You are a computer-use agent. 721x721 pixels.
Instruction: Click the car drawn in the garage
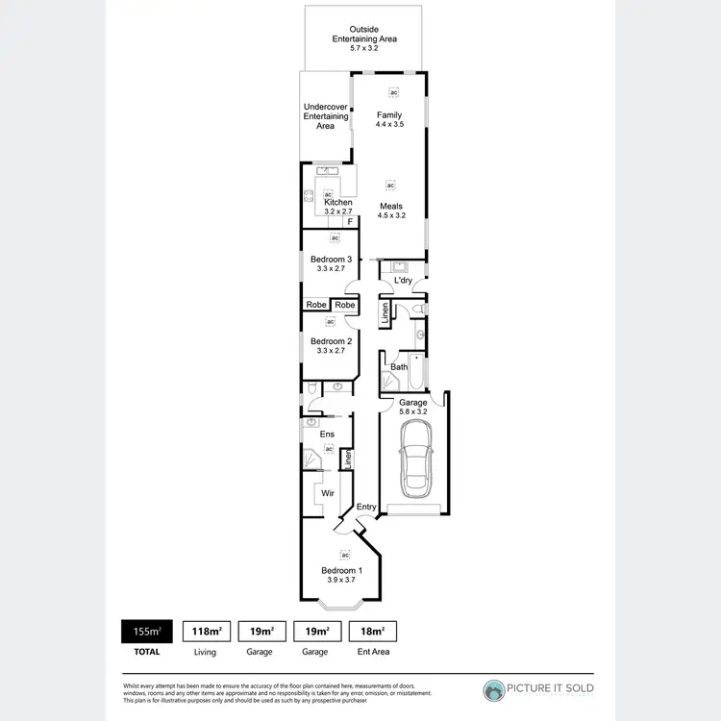(x=416, y=459)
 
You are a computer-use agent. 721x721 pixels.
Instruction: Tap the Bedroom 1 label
(x=343, y=570)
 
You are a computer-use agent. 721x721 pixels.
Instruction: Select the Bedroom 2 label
(x=331, y=341)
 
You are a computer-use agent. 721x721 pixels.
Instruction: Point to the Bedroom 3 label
(x=331, y=260)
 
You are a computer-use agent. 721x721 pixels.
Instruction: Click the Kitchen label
(x=337, y=203)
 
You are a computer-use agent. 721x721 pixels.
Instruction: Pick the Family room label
(x=389, y=115)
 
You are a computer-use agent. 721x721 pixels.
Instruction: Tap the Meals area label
(x=391, y=207)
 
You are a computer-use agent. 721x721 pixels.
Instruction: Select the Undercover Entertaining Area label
(x=326, y=116)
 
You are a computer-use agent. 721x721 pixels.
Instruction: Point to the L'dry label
(x=403, y=280)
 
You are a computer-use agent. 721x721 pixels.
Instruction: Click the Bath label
(x=399, y=367)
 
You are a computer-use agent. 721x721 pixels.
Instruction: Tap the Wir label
(x=328, y=492)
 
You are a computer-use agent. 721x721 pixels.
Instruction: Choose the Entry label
(x=366, y=507)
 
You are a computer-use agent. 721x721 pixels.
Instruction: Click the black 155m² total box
(x=146, y=632)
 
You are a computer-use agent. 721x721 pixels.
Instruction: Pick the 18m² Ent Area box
(x=372, y=632)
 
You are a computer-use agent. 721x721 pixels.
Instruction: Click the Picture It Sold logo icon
(x=494, y=691)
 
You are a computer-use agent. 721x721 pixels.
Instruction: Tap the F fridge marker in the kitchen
(x=351, y=222)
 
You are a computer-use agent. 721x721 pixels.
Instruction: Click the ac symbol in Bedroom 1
(x=343, y=555)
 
